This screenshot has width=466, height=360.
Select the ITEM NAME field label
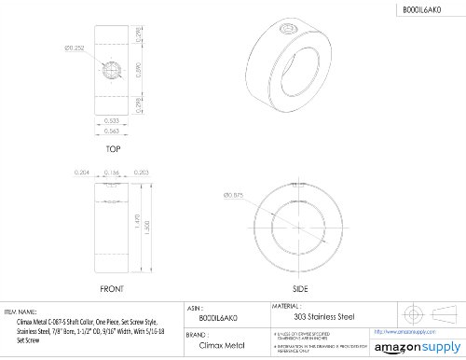pos(22,311)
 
